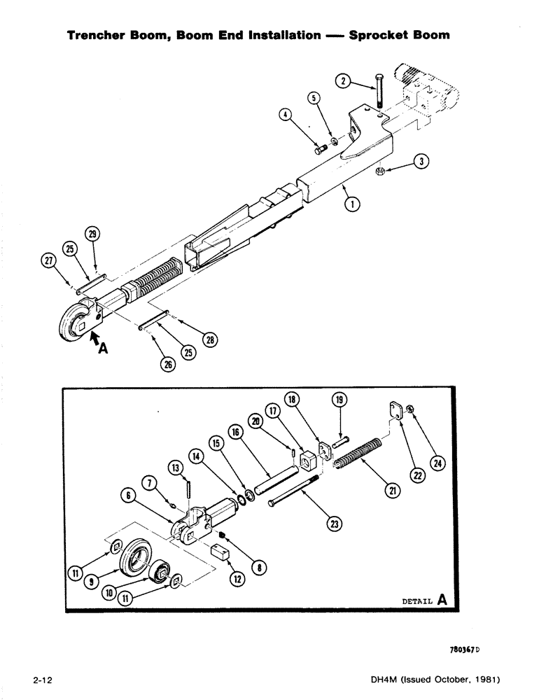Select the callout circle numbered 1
(352, 204)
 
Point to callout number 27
(48, 262)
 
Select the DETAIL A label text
(424, 600)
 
